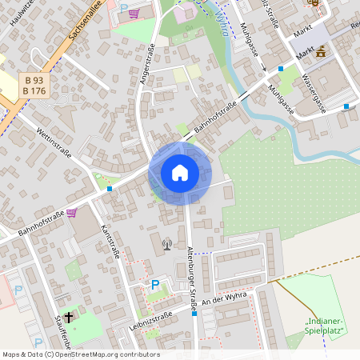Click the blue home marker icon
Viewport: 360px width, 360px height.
tap(179, 173)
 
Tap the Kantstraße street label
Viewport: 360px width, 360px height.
tap(110, 241)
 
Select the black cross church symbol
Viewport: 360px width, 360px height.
tap(69, 318)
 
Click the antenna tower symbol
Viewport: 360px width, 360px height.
tap(166, 243)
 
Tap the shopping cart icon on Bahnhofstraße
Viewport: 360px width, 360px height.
tap(71, 213)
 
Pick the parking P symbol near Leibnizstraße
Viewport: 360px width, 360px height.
tap(156, 285)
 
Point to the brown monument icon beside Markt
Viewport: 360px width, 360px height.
tap(321, 52)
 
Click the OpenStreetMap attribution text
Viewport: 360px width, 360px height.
tap(80, 354)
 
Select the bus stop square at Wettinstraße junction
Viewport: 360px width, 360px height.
tap(110, 190)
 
